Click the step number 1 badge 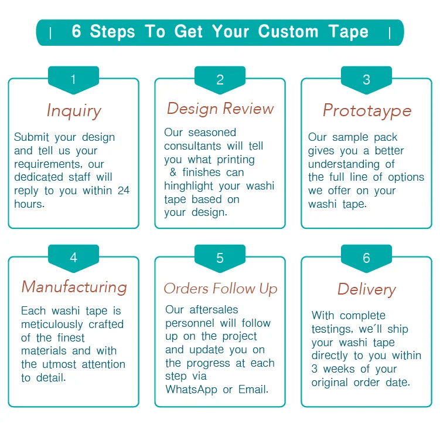[x=73, y=80]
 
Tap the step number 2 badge [x=220, y=80]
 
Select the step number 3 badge [x=366, y=80]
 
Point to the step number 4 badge [x=73, y=258]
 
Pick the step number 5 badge [x=220, y=258]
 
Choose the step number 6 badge [x=366, y=258]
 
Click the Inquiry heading [x=74, y=111]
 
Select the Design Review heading [x=220, y=109]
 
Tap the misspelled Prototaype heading [x=367, y=110]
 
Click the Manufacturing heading [x=74, y=287]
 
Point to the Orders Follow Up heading [x=220, y=289]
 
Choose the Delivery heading [x=367, y=289]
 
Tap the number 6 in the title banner [x=77, y=32]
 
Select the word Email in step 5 [x=253, y=390]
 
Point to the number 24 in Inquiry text [x=123, y=191]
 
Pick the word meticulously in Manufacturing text [x=53, y=324]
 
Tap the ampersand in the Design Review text [x=173, y=173]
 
